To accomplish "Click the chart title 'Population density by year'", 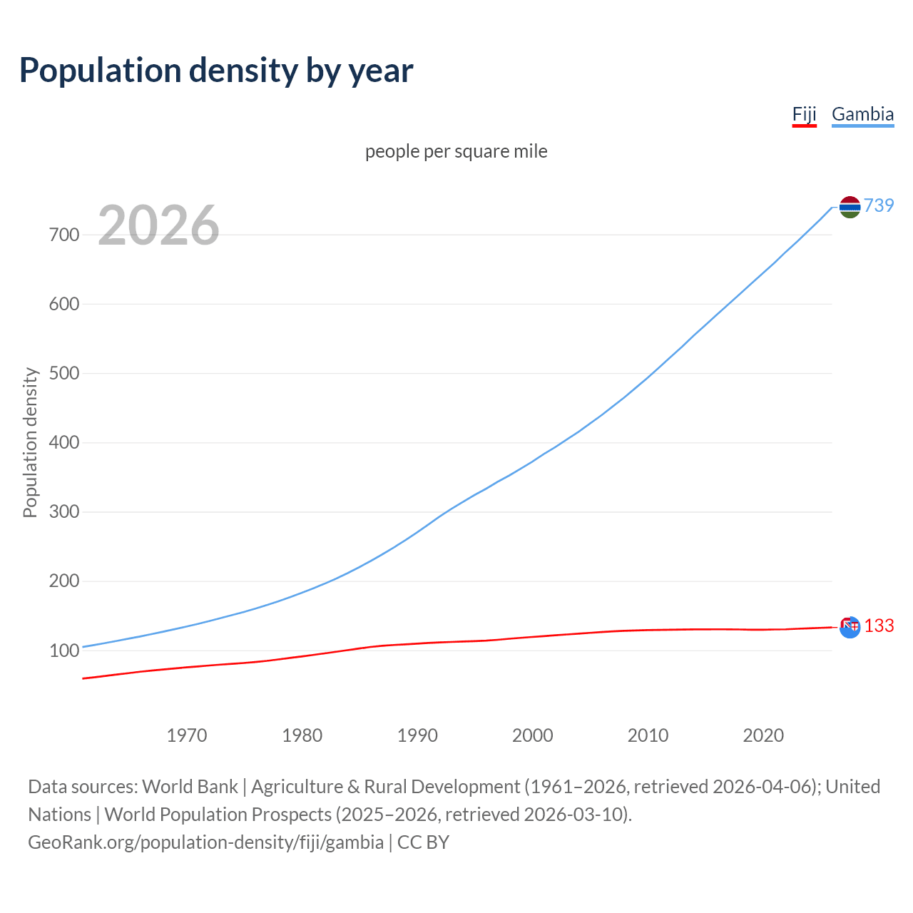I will [x=216, y=71].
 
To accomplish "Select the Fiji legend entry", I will [x=804, y=114].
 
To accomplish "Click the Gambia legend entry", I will [x=862, y=114].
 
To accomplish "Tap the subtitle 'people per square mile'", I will [x=456, y=151].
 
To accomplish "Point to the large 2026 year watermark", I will [x=158, y=225].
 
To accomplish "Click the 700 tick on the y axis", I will [x=64, y=235].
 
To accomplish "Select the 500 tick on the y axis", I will [x=64, y=373].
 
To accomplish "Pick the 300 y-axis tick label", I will [x=64, y=512].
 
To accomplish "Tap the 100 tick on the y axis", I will [x=64, y=651].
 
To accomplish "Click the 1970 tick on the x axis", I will [x=187, y=735].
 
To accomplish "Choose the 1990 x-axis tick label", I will [x=417, y=735].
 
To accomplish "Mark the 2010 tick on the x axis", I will [x=648, y=735].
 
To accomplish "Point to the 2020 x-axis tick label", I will [x=763, y=735].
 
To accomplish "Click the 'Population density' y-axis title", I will [x=30, y=442].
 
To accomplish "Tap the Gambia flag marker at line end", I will [x=850, y=207].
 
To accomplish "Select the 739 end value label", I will [x=879, y=205].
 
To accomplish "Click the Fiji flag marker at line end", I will [x=850, y=627].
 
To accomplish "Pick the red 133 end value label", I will [x=879, y=626].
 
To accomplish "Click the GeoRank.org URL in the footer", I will [x=205, y=842].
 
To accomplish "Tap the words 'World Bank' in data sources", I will [x=190, y=787].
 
